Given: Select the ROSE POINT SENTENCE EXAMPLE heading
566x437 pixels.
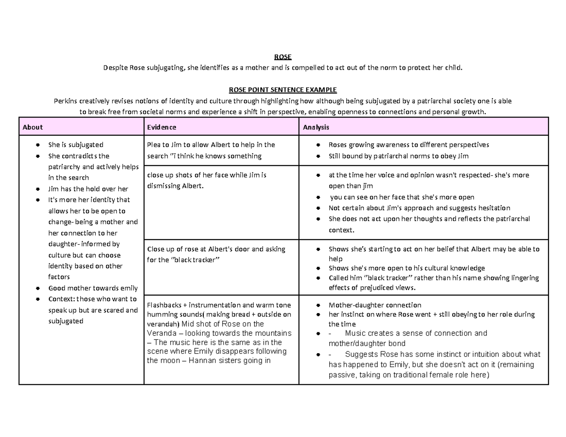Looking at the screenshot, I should pos(283,90).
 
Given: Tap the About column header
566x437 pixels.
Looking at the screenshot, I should pos(33,127).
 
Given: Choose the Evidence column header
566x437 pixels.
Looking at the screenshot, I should pos(162,127).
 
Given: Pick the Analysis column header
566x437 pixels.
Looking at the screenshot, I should pos(316,127).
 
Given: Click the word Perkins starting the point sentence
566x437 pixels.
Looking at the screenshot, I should pos(66,101).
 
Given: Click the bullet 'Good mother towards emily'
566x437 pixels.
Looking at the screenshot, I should pos(93,288).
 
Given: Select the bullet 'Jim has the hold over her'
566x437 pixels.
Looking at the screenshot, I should pos(88,189).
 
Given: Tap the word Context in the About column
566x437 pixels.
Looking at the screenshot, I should pos(61,299).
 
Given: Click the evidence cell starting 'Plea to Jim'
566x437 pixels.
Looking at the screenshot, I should pos(211,150).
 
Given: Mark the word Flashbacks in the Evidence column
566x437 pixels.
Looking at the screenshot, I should pos(165,305).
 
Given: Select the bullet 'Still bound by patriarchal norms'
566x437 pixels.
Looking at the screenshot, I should pos(398,156).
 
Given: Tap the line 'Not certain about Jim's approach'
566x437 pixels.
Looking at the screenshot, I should pos(419,208).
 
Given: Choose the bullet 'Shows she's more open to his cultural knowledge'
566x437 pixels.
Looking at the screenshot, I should pos(406,268).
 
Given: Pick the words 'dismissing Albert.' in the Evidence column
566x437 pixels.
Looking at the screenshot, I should pos(175,186).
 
